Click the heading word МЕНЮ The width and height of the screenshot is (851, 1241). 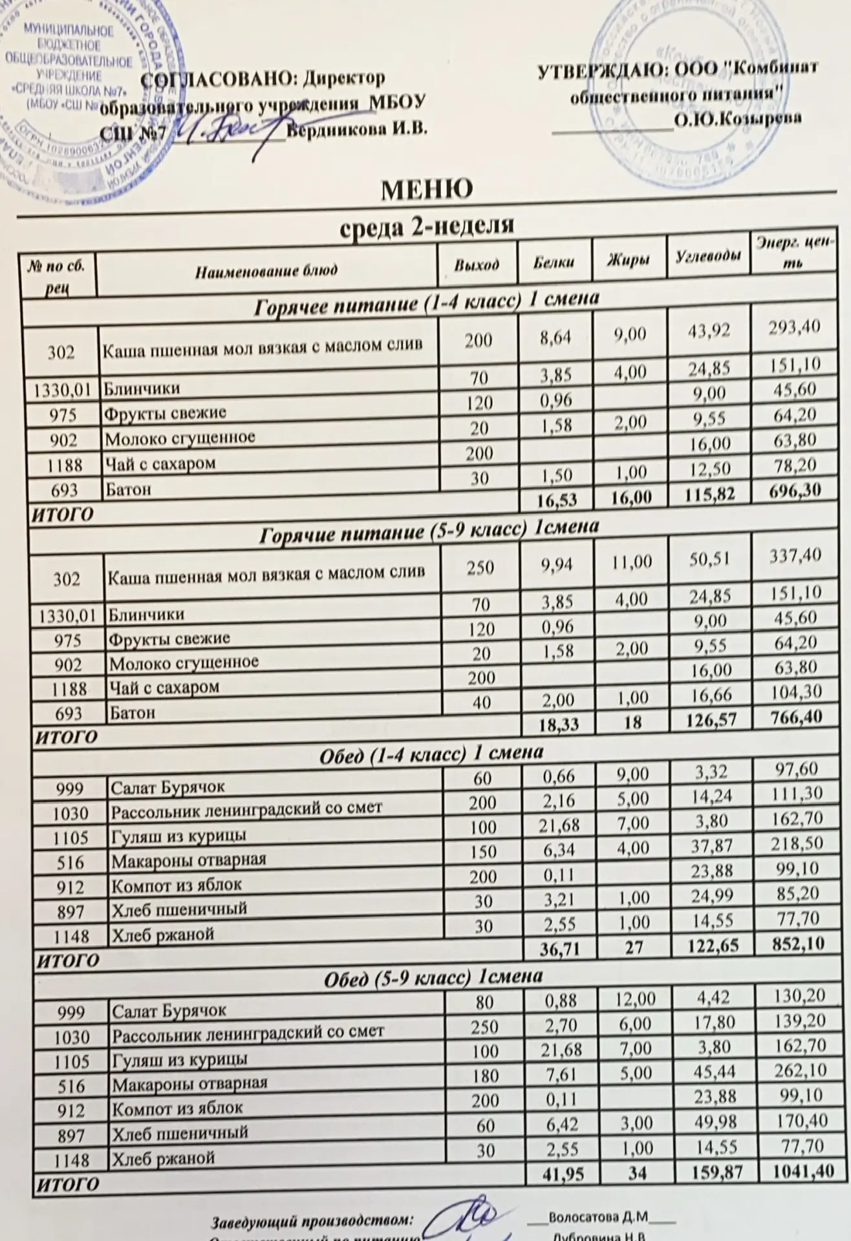tap(426, 189)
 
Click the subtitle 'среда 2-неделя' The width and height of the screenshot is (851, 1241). tap(427, 226)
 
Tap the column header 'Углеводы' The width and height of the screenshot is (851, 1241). tap(708, 257)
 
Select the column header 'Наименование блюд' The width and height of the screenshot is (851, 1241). tap(266, 270)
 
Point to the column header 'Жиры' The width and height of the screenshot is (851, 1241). tap(629, 260)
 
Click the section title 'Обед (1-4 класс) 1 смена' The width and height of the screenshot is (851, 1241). tap(431, 752)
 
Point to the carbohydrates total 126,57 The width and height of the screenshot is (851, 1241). tap(709, 719)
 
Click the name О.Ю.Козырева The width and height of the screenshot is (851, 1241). tap(737, 119)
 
